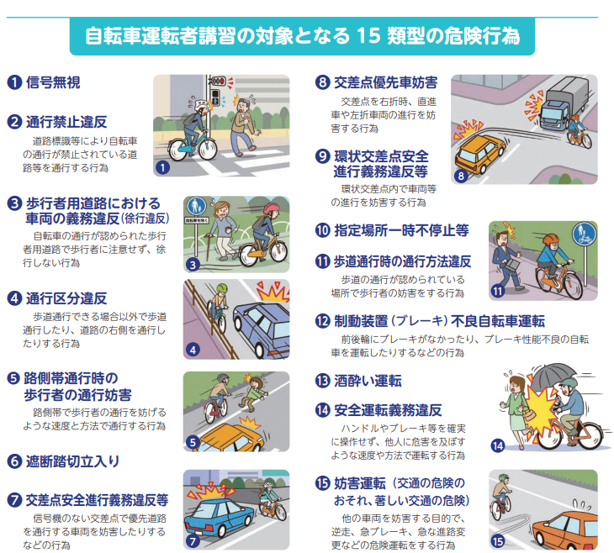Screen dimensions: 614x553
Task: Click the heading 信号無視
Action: [x=53, y=82]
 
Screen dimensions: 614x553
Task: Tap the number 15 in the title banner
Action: [x=368, y=35]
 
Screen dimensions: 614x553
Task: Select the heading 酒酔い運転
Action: [x=368, y=381]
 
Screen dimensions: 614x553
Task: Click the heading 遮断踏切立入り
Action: [x=72, y=461]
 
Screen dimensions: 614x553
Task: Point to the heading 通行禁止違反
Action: [x=66, y=122]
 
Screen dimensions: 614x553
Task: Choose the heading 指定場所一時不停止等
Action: [x=401, y=230]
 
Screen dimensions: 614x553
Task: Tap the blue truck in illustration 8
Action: [x=563, y=103]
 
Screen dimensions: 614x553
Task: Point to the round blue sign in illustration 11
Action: [x=585, y=234]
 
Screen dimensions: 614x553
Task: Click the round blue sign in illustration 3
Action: [x=197, y=206]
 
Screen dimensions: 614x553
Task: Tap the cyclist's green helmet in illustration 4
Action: [x=222, y=288]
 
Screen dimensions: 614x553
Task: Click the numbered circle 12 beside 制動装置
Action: [x=323, y=321]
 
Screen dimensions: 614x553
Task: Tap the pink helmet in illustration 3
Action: [x=271, y=208]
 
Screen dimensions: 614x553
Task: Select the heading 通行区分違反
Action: [x=66, y=298]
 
